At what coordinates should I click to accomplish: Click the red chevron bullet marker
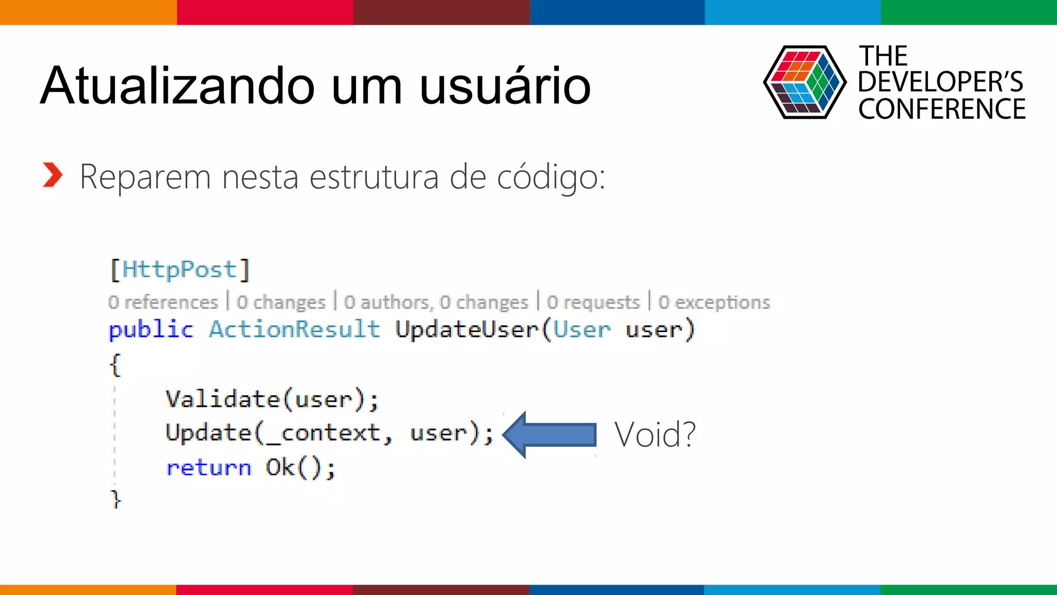tap(53, 175)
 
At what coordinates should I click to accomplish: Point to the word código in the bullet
tap(550, 177)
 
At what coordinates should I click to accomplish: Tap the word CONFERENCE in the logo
tap(941, 109)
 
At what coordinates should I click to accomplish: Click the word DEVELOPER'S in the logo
tap(940, 82)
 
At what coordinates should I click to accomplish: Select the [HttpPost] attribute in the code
tap(180, 270)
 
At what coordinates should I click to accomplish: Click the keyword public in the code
tap(151, 330)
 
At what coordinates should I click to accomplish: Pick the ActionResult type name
tap(294, 330)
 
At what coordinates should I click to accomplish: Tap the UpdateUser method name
tap(467, 330)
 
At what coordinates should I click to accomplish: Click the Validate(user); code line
tap(272, 399)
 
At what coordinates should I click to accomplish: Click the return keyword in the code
tap(209, 468)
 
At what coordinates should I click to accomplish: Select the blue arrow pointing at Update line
tap(549, 434)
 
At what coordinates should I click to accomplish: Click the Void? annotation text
tap(654, 434)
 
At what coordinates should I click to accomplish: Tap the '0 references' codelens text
tap(163, 302)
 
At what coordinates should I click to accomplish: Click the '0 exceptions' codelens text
tap(714, 302)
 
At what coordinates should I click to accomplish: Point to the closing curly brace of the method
tap(116, 499)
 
